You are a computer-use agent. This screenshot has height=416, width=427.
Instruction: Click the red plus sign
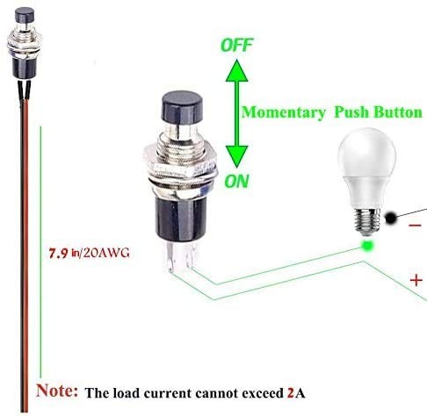(414, 281)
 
